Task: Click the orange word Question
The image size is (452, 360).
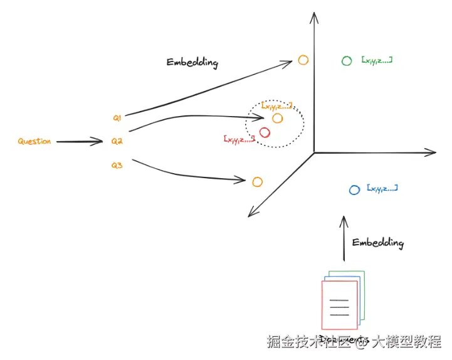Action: click(34, 142)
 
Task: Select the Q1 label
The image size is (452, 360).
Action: click(117, 117)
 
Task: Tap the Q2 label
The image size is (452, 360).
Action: click(117, 142)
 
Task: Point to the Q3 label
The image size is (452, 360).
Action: click(117, 166)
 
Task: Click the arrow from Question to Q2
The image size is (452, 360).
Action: click(79, 142)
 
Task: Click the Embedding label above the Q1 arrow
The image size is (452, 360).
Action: click(192, 63)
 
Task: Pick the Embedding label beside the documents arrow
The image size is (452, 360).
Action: click(377, 243)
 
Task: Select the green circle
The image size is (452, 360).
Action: click(347, 61)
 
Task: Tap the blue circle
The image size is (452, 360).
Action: click(354, 189)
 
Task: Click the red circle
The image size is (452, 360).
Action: click(265, 132)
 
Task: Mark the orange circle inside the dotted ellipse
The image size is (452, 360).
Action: click(278, 118)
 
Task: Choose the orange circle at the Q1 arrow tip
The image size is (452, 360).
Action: click(303, 60)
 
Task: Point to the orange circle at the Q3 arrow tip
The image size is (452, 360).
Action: click(257, 182)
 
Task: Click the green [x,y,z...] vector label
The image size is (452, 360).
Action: click(377, 60)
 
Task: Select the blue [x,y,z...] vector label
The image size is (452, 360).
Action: click(383, 188)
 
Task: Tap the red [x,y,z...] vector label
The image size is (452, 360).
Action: click(239, 139)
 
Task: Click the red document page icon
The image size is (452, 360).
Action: click(339, 305)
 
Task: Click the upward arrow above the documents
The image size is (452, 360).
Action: click(343, 238)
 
